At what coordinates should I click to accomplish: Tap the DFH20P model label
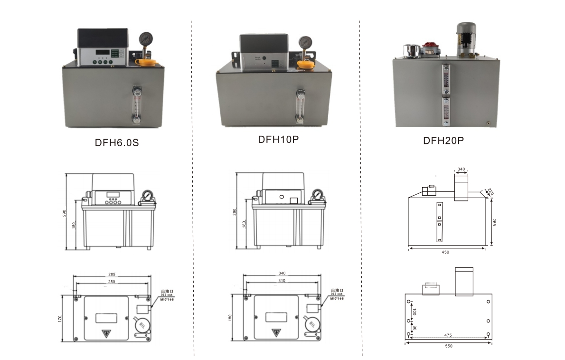(x=443, y=141)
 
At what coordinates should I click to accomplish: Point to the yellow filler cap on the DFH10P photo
(x=304, y=64)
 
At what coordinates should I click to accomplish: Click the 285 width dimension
(x=112, y=275)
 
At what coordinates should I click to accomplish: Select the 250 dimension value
(x=112, y=282)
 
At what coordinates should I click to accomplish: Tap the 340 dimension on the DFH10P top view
(x=282, y=274)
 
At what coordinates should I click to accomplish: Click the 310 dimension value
(x=282, y=281)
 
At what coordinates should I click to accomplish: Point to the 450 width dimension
(x=445, y=252)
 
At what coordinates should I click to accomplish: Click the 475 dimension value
(x=448, y=335)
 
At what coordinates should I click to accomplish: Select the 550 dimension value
(x=449, y=346)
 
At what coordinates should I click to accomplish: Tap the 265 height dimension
(x=494, y=221)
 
